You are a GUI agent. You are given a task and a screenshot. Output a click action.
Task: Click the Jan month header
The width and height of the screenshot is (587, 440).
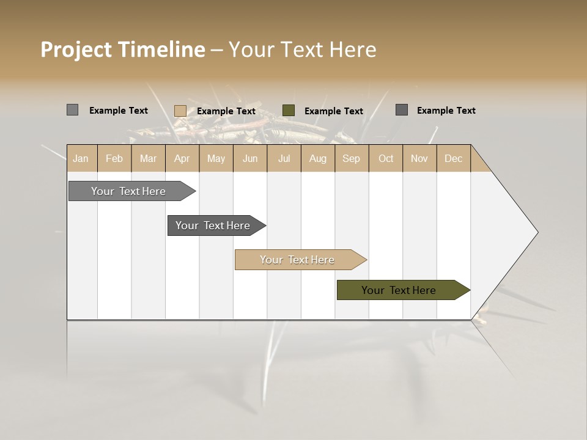pos(81,158)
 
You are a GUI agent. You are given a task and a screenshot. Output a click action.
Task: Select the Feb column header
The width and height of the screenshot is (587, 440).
pos(114,158)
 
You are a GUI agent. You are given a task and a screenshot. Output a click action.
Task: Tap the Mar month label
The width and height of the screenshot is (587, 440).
pos(148,158)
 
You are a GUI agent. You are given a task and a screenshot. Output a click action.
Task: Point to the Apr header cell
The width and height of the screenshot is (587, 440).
pos(182,158)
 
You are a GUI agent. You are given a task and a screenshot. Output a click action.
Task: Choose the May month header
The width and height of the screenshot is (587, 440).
pos(216,158)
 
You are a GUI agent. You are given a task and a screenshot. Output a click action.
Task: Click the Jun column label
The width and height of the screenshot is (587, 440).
pos(250,158)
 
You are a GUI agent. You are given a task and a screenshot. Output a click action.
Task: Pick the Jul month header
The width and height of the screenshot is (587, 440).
pos(284,158)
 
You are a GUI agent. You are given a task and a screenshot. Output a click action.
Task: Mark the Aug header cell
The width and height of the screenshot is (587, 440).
pos(317,158)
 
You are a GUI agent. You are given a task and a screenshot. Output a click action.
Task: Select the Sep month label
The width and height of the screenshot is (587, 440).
pos(351,158)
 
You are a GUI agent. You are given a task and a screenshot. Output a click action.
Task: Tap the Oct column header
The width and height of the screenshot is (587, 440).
pos(386,158)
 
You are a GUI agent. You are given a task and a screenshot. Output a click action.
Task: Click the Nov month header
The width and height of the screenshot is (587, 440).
pos(419,158)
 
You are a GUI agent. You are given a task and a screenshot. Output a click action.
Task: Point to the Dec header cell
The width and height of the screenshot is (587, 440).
pos(453,158)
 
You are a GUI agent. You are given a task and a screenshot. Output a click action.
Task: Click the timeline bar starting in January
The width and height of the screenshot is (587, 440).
pos(129,191)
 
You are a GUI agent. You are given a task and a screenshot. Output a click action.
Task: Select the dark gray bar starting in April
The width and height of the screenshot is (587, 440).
pos(213,226)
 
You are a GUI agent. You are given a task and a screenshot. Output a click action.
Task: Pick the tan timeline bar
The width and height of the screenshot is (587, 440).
pos(298,260)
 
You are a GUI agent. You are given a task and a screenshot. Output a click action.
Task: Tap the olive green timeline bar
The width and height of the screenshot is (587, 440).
pos(399,290)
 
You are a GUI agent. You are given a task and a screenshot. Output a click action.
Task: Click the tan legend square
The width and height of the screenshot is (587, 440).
pos(180,111)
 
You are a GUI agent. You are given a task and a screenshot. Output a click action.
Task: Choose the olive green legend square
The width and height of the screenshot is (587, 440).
pos(289,110)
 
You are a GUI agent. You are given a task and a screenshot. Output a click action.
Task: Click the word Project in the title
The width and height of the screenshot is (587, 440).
pos(76,50)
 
